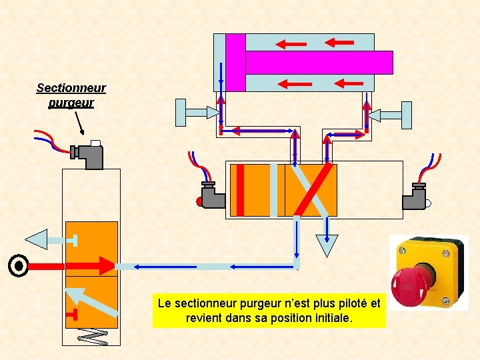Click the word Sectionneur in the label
(x=71, y=88)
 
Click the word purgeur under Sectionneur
(x=71, y=103)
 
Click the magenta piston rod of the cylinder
(x=319, y=62)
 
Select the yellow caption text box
(x=269, y=311)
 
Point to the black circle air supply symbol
(x=19, y=266)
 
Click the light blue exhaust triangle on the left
(x=39, y=239)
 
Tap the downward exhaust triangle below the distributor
(x=327, y=245)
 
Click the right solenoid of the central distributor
(x=416, y=195)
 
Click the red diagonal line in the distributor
(x=312, y=190)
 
